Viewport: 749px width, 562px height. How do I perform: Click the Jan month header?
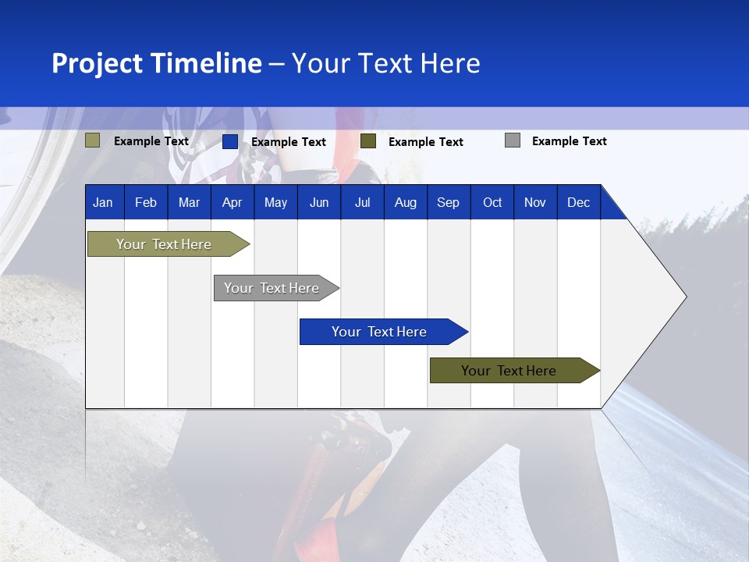103,202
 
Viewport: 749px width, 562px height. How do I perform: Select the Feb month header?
146,202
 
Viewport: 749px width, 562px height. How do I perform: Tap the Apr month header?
232,202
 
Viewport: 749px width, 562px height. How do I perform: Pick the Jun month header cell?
319,202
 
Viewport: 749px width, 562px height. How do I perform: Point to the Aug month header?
405,202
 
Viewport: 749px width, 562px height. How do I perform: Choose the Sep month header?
448,202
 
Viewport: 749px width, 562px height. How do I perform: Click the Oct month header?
492,202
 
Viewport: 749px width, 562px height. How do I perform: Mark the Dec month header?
578,202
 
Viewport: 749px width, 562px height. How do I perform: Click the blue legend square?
230,141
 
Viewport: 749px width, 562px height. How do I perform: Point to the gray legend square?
513,140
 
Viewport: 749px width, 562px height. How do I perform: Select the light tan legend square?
93,140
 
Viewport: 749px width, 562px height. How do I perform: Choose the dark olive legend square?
368,141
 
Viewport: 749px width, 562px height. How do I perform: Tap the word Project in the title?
98,63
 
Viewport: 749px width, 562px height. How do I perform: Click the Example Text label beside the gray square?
569,141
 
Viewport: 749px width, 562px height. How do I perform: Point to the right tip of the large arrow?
685,297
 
